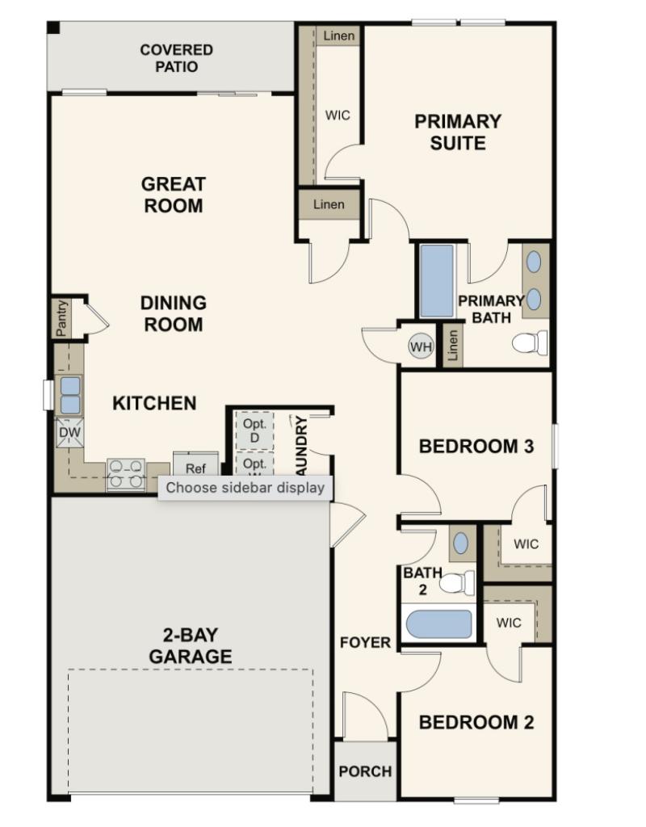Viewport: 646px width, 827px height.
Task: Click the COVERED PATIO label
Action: tap(176, 58)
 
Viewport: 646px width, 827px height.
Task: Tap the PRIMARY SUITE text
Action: tap(457, 132)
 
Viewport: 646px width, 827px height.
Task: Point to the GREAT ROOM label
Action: tap(174, 195)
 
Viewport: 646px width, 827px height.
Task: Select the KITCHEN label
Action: tap(153, 403)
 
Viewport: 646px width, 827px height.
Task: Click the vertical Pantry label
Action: tap(61, 318)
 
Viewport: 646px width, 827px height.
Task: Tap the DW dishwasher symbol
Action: tap(68, 435)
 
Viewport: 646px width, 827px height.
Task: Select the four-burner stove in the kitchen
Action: tap(126, 474)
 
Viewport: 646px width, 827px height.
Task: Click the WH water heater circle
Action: tap(421, 347)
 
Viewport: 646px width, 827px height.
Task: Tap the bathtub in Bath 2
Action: tap(438, 624)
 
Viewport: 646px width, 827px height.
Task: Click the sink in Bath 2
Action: tap(460, 544)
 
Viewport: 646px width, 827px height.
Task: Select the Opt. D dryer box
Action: tap(254, 430)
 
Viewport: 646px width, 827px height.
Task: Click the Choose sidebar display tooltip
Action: tap(245, 487)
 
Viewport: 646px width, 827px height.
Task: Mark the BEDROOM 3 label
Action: tap(476, 446)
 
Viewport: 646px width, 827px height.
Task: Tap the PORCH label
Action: tap(365, 771)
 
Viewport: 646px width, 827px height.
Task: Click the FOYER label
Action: tap(365, 643)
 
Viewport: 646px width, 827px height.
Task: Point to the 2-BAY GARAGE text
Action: tap(190, 646)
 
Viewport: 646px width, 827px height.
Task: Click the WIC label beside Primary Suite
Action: tap(338, 115)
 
